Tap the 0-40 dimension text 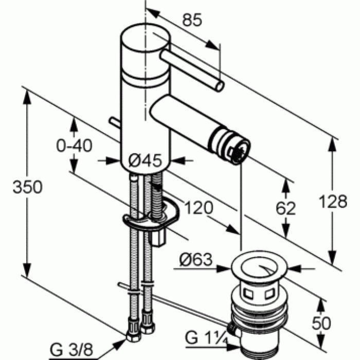click(74, 146)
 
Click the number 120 click(199, 208)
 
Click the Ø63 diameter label click(195, 261)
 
